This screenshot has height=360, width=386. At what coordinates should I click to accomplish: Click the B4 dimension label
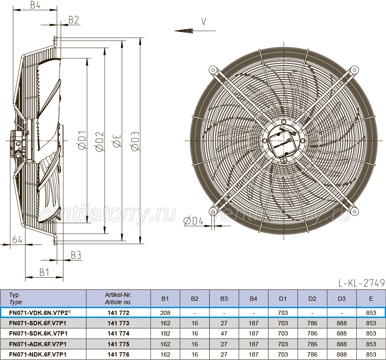point(35,5)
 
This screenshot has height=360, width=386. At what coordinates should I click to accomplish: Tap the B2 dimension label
point(74,20)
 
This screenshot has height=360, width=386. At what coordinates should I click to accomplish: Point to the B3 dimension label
point(76,255)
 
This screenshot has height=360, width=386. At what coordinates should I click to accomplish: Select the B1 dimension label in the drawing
point(44,272)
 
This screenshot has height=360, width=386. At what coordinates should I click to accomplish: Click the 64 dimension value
point(18,239)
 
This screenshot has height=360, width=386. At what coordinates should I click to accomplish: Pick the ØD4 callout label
point(193,221)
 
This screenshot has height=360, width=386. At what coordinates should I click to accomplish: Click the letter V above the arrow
point(204,22)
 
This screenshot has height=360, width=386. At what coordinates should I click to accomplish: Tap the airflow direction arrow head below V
point(184,31)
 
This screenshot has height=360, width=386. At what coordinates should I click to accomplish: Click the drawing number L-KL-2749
point(362,283)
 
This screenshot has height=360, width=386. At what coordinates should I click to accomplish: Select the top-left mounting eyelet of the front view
point(212,70)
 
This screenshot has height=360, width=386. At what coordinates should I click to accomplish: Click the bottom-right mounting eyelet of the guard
point(354,211)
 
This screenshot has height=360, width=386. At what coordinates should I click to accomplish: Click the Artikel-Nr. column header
point(118,299)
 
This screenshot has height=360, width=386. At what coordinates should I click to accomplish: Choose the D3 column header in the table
point(342,299)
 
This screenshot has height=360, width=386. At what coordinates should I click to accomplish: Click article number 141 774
point(118,333)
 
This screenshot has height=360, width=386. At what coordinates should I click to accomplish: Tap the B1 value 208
point(165,313)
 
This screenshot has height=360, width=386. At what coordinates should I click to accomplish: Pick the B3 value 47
point(224,333)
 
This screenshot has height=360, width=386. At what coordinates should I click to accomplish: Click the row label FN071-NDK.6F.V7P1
point(38,354)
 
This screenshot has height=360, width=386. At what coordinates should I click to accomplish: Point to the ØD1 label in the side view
point(83,140)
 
